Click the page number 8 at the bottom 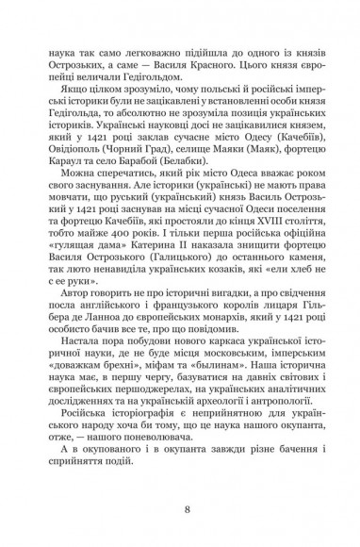coord(180,511)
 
